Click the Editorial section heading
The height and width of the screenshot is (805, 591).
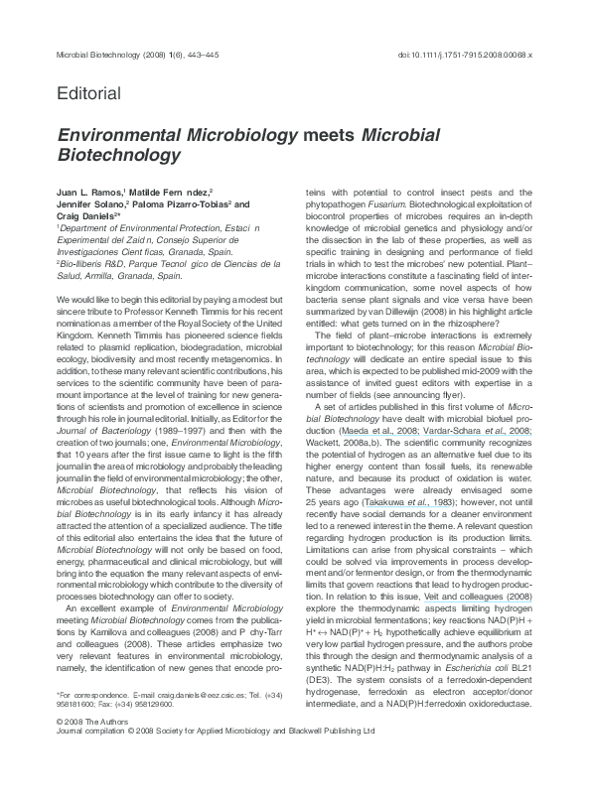89,94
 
